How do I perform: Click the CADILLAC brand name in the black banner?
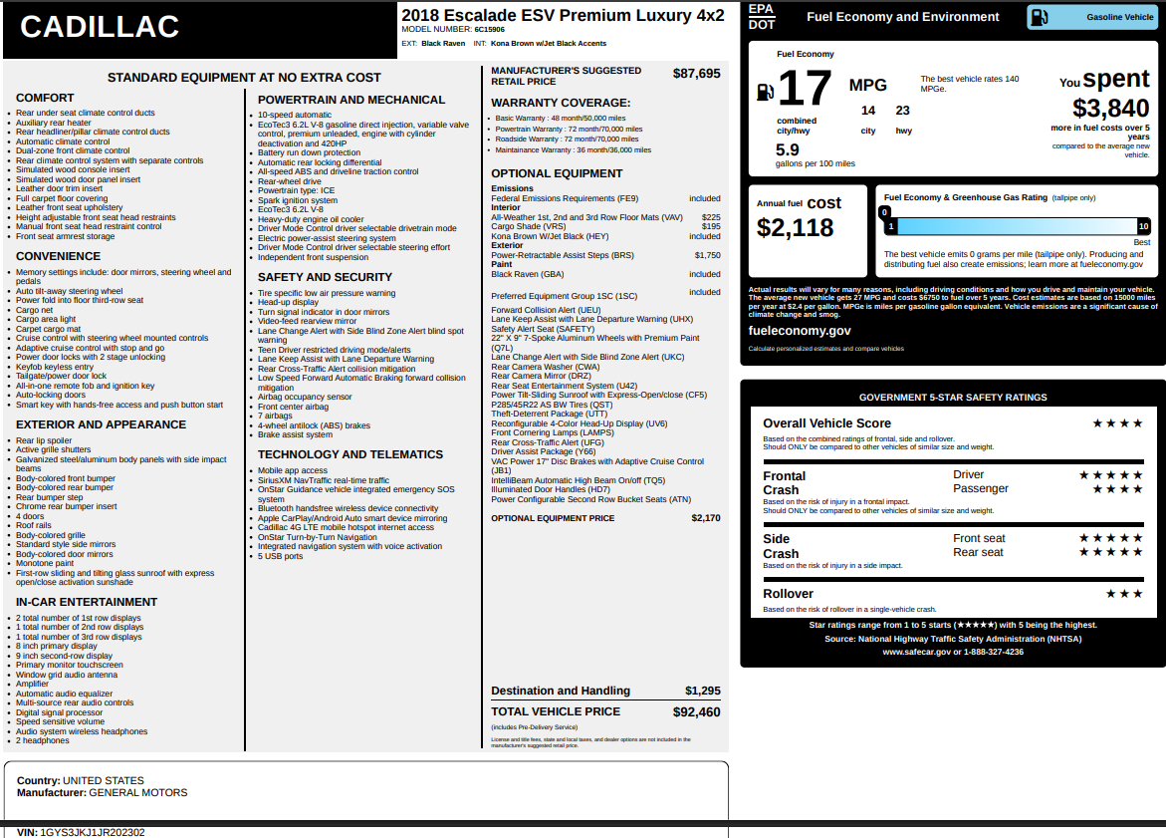click(100, 28)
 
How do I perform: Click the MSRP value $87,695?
click(696, 74)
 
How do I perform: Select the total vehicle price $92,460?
click(696, 712)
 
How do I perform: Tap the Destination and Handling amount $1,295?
click(702, 691)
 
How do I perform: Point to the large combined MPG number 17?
click(804, 90)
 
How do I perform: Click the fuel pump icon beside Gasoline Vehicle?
click(1039, 17)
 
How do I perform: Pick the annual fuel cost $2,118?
click(795, 228)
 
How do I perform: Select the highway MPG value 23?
click(902, 111)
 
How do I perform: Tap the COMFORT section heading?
click(45, 98)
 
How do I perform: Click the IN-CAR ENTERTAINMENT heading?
click(87, 602)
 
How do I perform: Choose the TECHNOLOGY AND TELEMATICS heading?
click(350, 454)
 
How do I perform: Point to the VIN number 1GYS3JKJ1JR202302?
click(93, 832)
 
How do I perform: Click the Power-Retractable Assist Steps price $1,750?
click(707, 255)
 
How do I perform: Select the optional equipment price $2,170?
click(706, 518)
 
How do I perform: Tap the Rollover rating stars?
click(1124, 594)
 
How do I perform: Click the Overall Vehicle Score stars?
click(1117, 423)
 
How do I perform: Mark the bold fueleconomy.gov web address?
click(800, 331)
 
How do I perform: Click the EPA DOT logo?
click(761, 16)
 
